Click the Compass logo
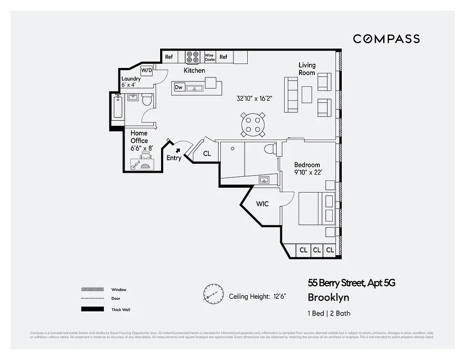click(386, 39)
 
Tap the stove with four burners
click(193, 57)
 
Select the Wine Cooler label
click(210, 57)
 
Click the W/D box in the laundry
click(146, 71)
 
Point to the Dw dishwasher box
click(179, 87)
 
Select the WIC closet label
click(262, 204)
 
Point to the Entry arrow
click(179, 151)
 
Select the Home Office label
click(139, 137)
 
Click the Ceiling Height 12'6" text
click(257, 296)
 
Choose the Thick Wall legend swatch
click(92, 310)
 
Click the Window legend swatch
click(92, 289)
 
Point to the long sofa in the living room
click(291, 95)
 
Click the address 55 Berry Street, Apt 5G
click(351, 283)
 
